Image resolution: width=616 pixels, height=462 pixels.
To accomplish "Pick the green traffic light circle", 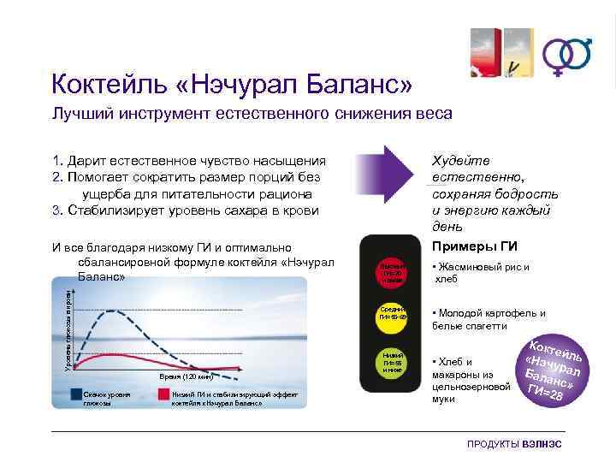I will tap(391, 360).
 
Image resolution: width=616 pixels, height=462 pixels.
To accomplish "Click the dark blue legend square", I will tap(77, 394).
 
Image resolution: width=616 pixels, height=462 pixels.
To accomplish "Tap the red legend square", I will tap(163, 394).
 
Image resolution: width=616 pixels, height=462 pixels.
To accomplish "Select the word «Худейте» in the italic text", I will tap(461, 160).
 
